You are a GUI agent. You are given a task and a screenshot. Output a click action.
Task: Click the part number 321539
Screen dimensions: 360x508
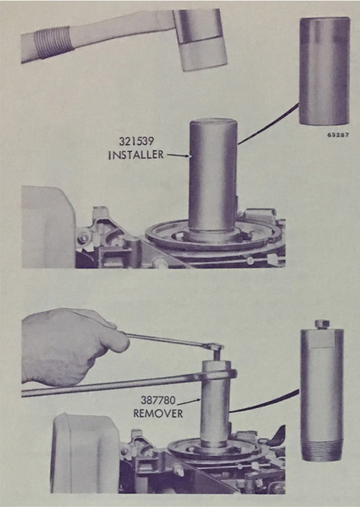(136, 141)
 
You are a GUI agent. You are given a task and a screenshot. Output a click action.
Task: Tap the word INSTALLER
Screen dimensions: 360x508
(136, 155)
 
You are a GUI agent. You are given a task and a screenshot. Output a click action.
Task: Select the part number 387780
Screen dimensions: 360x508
(158, 401)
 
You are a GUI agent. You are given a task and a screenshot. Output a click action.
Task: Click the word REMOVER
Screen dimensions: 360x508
(158, 414)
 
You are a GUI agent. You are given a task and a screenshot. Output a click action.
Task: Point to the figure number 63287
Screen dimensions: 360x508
(338, 135)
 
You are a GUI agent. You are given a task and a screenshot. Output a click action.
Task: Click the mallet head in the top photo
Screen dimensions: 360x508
(199, 40)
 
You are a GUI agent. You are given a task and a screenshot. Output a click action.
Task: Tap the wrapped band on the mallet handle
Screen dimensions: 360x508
(53, 43)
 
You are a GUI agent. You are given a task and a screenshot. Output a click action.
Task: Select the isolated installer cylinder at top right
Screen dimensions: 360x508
(325, 71)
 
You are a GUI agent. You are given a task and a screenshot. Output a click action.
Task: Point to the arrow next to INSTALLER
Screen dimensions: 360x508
(178, 156)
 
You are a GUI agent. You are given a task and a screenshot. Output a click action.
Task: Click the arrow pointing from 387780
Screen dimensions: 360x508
(189, 402)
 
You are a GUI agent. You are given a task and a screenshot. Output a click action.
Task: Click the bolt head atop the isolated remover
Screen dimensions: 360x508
(322, 324)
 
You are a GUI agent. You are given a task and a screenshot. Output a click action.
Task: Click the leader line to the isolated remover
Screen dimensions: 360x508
(264, 402)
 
